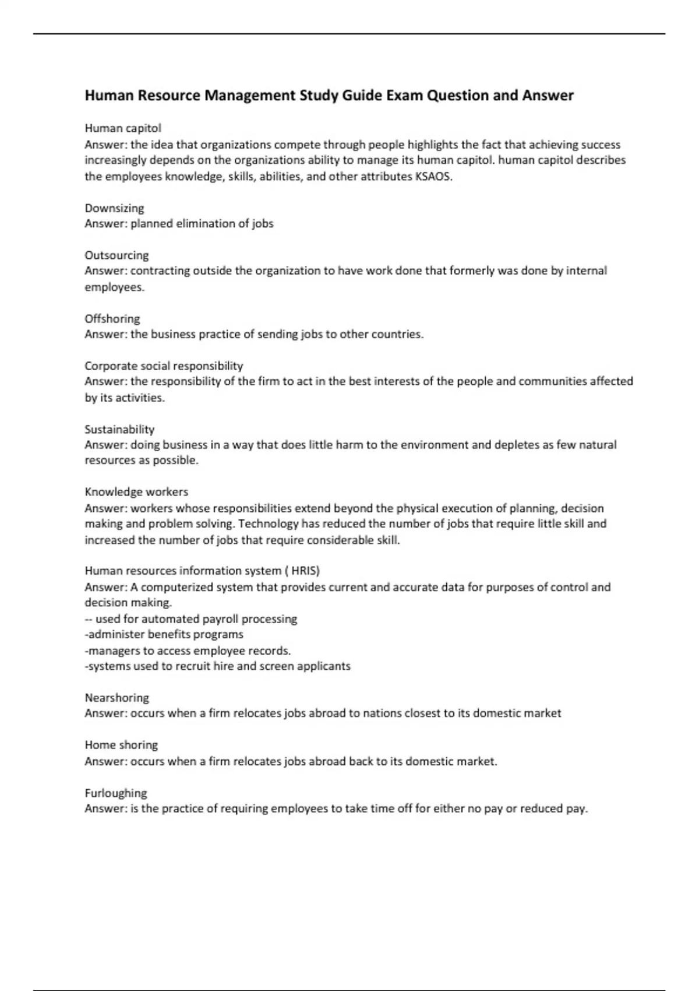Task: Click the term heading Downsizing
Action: [x=114, y=208]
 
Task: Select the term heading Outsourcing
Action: [x=116, y=255]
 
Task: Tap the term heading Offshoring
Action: [x=112, y=319]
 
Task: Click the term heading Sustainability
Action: [x=119, y=430]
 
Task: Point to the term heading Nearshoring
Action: [x=116, y=698]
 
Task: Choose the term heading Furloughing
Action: [x=116, y=793]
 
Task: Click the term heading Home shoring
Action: [x=121, y=745]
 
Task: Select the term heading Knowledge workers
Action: [x=136, y=492]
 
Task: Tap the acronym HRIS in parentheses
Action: [x=305, y=571]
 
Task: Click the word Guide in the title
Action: [x=362, y=96]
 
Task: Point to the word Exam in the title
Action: [x=404, y=96]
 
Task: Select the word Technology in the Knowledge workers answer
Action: [x=269, y=523]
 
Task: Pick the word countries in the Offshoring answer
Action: [x=396, y=335]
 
